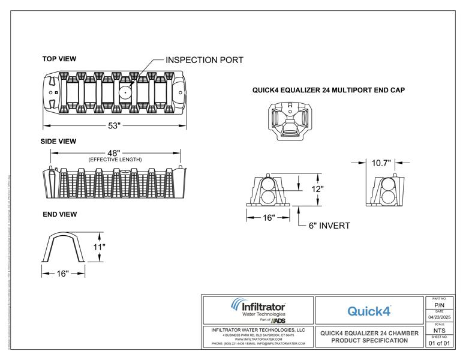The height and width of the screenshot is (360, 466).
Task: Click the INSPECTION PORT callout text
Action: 204,61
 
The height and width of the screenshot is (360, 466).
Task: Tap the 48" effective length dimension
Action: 115,153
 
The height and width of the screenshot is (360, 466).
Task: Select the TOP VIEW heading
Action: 59,59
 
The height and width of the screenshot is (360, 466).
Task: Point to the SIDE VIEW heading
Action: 59,142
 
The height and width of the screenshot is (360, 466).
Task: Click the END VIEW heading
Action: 59,214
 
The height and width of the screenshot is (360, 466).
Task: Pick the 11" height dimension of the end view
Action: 100,247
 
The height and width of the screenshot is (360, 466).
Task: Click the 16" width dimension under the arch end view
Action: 62,273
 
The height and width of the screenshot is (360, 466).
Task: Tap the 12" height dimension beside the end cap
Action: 318,188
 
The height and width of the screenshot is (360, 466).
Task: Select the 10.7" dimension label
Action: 381,163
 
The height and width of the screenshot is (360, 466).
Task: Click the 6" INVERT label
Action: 329,226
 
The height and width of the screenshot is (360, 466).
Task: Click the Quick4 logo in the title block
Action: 369,311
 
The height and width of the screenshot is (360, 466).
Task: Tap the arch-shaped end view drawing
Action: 63,247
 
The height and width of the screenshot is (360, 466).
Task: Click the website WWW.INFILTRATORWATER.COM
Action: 258,339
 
